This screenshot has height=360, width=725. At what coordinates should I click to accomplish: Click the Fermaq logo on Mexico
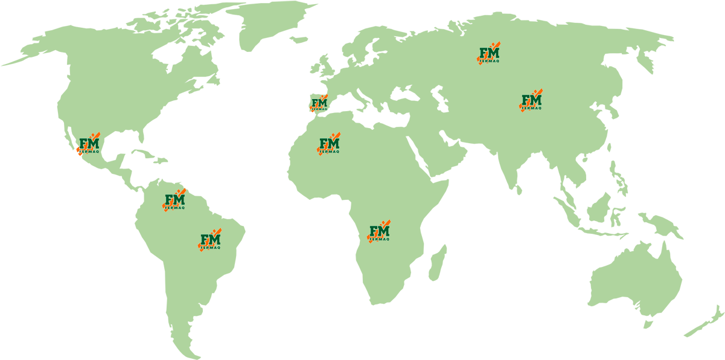88,145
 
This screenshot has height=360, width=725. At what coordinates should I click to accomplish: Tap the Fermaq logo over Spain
319,103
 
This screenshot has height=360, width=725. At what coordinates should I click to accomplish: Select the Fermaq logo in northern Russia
489,54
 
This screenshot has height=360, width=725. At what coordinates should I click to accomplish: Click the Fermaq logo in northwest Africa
329,145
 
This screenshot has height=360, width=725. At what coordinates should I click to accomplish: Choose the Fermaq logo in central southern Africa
379,232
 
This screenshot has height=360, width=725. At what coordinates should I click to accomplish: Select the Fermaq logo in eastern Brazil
210,240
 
